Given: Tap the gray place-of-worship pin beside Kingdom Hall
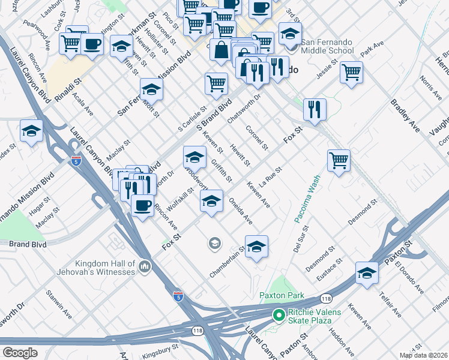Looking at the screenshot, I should [144, 266].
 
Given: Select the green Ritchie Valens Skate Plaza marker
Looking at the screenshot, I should [278, 314].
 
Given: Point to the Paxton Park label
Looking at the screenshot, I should [282, 295].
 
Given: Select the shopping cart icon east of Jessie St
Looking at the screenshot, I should [351, 72].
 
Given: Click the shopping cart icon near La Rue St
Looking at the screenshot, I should [339, 161].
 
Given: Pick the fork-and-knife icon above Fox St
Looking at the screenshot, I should [315, 109].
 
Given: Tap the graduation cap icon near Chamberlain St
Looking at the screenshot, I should [256, 247].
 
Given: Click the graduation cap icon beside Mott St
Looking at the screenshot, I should [152, 89].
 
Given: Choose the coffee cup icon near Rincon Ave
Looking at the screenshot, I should [142, 206].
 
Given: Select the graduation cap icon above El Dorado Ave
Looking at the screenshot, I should [367, 273].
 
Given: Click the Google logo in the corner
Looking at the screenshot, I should [20, 352].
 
